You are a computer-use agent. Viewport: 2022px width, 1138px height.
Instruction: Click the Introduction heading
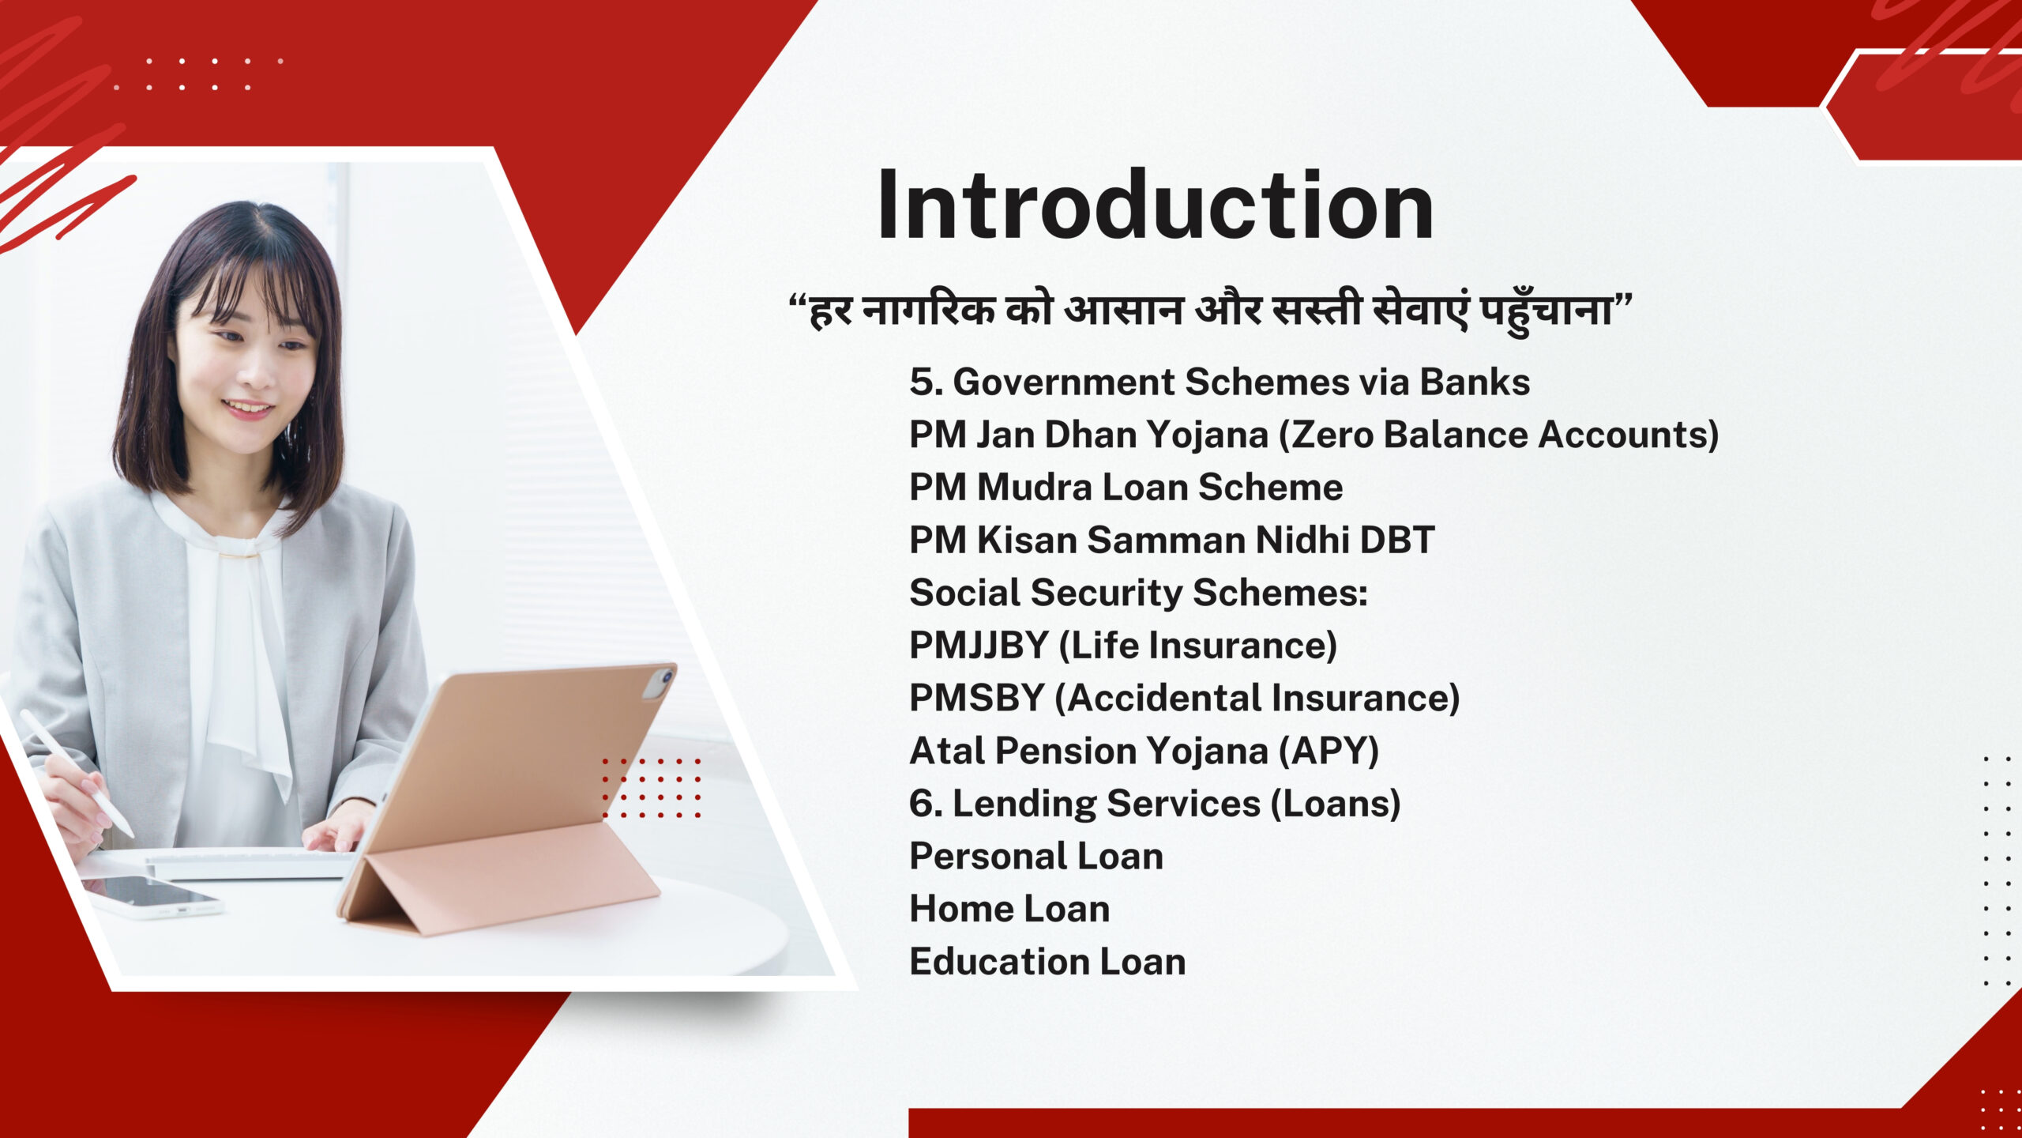[1156, 205]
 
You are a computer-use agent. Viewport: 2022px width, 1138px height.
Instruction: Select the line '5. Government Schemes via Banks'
[1220, 382]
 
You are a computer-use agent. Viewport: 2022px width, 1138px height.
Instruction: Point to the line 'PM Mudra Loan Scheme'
[1126, 487]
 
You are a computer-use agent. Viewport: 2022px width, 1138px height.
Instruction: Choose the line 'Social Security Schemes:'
[1138, 593]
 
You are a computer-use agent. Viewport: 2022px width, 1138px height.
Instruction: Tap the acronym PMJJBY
[979, 645]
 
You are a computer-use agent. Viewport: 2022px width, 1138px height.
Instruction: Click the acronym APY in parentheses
[1329, 751]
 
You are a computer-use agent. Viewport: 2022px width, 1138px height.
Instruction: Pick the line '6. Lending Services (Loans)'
[1155, 804]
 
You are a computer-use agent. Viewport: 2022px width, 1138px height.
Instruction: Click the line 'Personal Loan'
[1036, 856]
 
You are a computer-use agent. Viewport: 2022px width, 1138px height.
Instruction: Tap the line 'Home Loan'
[1009, 909]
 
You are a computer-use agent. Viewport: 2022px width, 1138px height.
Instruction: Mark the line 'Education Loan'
[1047, 962]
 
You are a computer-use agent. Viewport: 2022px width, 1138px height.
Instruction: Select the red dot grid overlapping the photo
[652, 788]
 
